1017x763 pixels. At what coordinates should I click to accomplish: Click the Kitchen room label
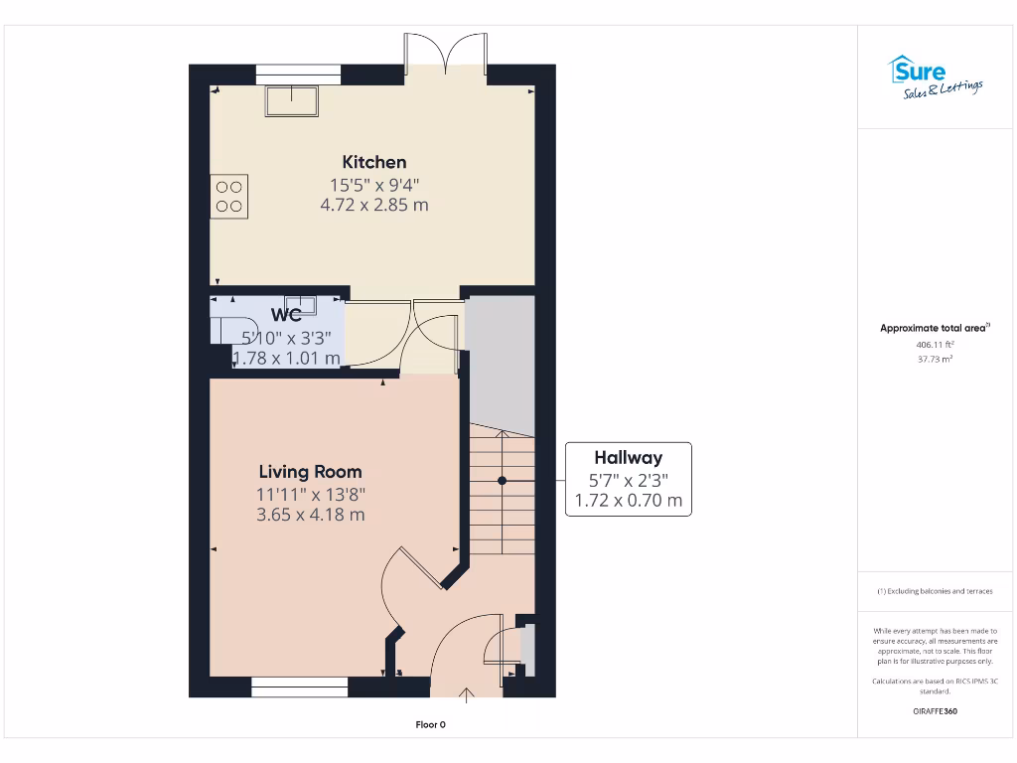click(x=374, y=162)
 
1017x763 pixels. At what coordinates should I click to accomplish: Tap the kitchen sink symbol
click(x=291, y=101)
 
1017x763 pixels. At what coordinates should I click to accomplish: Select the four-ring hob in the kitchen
click(x=229, y=196)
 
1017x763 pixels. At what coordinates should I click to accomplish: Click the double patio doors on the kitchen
click(x=445, y=56)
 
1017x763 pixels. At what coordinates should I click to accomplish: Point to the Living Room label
click(x=311, y=472)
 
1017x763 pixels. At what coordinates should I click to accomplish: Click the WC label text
click(x=287, y=315)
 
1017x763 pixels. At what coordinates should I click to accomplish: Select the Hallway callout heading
click(x=628, y=458)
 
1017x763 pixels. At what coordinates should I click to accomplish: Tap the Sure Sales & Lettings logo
click(x=935, y=77)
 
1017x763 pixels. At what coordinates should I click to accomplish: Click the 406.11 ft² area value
click(x=935, y=344)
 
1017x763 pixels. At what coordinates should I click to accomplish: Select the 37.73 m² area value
click(x=935, y=359)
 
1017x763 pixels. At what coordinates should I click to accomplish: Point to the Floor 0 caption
click(x=430, y=724)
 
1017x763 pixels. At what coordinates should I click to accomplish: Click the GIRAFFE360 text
click(x=935, y=711)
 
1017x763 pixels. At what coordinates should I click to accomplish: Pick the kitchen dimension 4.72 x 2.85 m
click(x=374, y=205)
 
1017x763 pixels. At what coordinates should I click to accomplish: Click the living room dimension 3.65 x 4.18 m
click(x=311, y=515)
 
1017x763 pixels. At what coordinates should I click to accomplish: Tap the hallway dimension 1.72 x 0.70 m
click(x=628, y=501)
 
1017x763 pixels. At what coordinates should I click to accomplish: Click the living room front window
click(x=299, y=684)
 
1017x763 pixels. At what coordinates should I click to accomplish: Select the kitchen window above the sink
click(x=298, y=74)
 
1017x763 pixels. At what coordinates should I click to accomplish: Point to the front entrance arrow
click(x=467, y=691)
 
